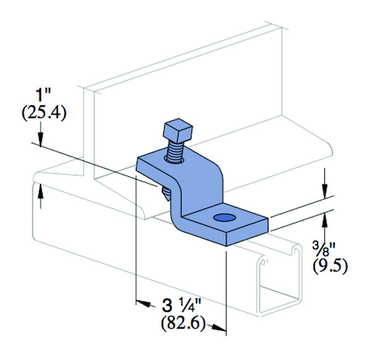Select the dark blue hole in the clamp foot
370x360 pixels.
point(224,217)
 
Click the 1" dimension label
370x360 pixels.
point(43,95)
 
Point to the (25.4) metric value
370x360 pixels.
point(44,113)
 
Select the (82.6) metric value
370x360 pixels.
point(183,324)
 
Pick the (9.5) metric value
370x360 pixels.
point(330,266)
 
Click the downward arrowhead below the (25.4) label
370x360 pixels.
point(41,140)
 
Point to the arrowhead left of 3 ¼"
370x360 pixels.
point(144,303)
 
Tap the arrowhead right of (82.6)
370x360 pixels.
point(218,327)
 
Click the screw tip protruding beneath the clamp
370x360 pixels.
point(166,194)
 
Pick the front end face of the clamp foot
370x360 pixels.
point(247,232)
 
